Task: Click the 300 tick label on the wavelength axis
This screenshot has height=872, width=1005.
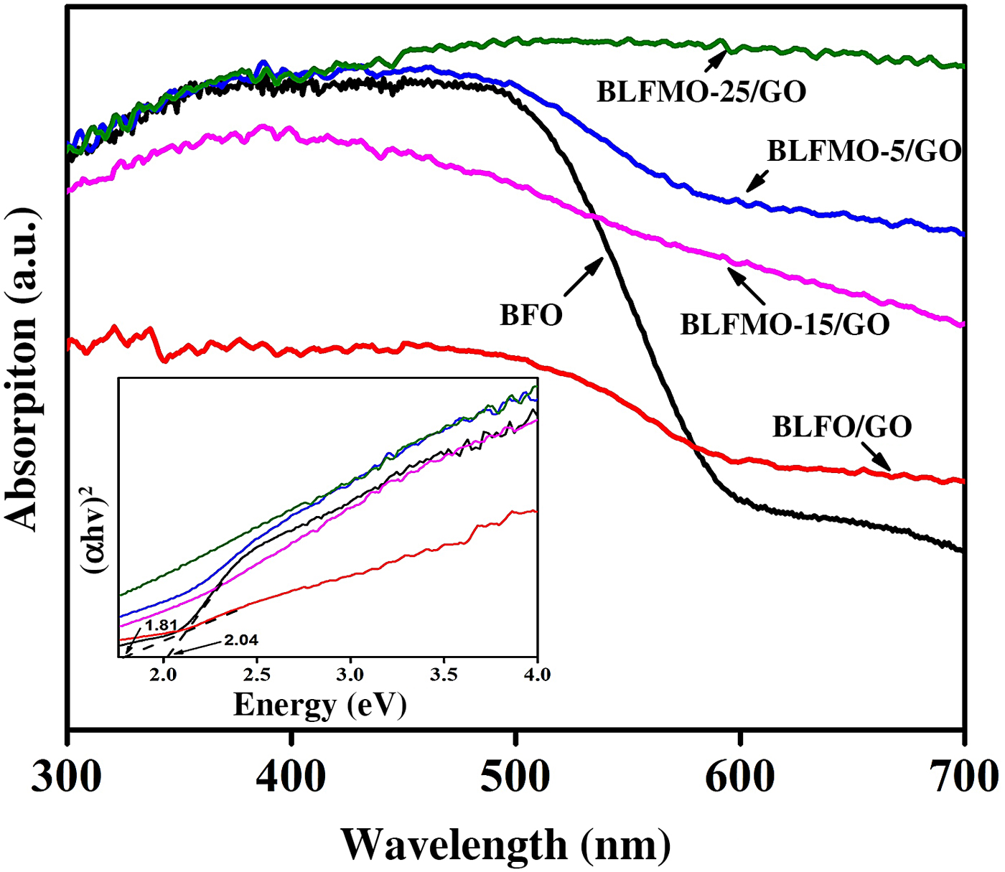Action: (x=67, y=777)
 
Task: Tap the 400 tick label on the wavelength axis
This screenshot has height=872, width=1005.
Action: (x=291, y=777)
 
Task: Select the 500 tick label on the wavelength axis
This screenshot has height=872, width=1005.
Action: (x=515, y=777)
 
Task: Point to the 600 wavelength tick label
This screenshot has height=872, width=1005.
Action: (x=739, y=777)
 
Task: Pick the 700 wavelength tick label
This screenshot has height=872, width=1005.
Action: (x=963, y=777)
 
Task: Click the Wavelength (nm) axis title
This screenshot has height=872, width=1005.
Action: (x=506, y=844)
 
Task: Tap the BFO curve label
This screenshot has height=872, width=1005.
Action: (x=531, y=315)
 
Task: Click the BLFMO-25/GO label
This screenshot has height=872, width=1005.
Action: (x=701, y=92)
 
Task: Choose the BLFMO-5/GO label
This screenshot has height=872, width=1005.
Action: (x=864, y=151)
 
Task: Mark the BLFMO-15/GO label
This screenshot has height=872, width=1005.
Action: (x=785, y=324)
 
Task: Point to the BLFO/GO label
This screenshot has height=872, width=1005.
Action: (x=842, y=427)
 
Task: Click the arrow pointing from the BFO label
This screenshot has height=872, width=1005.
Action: (x=584, y=278)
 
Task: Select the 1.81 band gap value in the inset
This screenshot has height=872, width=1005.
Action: (x=161, y=625)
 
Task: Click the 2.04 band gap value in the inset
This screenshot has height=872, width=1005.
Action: (x=240, y=640)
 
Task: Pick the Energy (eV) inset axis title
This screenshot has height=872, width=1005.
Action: (x=320, y=705)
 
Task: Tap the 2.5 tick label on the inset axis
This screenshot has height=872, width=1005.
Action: (x=257, y=675)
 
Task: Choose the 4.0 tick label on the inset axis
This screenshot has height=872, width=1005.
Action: (x=537, y=675)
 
